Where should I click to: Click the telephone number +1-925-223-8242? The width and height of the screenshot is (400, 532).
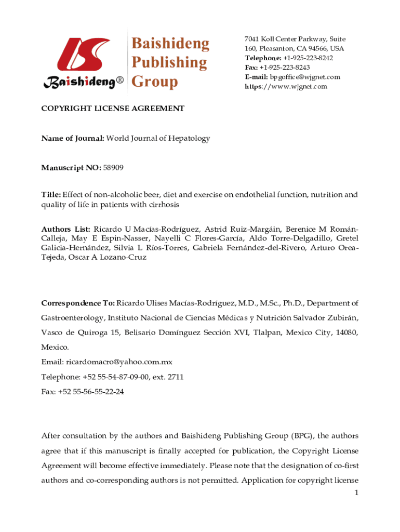point(308,58)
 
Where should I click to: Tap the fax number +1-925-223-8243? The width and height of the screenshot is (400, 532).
point(285,68)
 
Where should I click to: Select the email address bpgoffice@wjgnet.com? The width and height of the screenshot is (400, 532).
point(305,77)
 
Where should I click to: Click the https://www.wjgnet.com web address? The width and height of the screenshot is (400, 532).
point(286,86)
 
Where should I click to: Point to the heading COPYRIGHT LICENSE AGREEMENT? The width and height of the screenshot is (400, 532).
point(113,109)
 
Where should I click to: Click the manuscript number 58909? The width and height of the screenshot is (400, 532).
point(114,167)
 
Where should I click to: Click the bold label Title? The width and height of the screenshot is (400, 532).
point(51,195)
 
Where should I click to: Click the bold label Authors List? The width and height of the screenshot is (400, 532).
point(66,229)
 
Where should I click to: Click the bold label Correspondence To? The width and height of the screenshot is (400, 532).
point(78,303)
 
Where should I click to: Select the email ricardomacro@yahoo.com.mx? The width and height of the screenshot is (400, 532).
point(119,362)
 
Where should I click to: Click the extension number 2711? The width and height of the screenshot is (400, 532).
point(175,377)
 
